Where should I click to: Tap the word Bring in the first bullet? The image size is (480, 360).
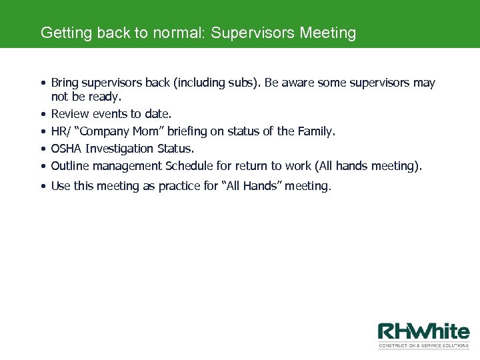click(x=64, y=83)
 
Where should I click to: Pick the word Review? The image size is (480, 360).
click(x=69, y=114)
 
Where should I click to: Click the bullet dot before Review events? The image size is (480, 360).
click(x=42, y=115)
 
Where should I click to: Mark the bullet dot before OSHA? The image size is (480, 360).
click(x=42, y=149)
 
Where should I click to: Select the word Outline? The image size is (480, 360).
click(x=70, y=165)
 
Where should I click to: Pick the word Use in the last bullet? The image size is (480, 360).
click(x=61, y=187)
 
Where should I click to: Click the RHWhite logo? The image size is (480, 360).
click(x=423, y=332)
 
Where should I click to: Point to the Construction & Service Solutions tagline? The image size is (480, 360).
click(x=423, y=345)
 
